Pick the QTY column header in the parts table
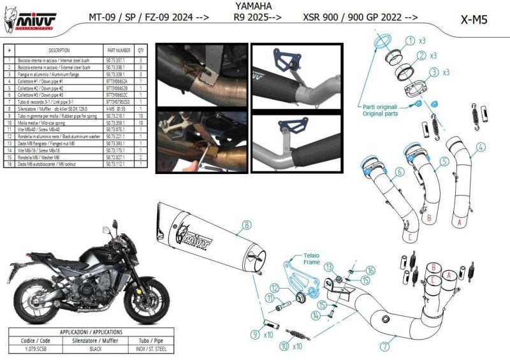(141, 49)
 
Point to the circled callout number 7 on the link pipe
(384, 347)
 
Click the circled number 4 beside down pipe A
(481, 147)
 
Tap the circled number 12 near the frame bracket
(274, 289)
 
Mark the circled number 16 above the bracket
(372, 271)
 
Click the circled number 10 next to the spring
(284, 347)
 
